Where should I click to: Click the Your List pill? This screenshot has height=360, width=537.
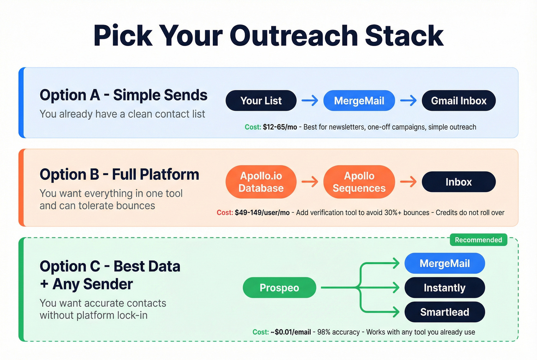(261, 101)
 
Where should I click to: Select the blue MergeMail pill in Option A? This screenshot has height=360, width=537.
(359, 101)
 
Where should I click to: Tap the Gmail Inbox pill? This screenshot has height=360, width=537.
(459, 101)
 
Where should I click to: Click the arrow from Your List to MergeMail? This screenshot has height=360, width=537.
(310, 101)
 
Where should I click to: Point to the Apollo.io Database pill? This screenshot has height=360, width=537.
(261, 182)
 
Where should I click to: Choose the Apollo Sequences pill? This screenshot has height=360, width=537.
(359, 182)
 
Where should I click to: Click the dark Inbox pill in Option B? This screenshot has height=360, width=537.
(459, 182)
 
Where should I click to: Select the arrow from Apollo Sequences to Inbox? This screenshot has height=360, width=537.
(409, 182)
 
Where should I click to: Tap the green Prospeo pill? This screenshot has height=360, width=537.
(279, 288)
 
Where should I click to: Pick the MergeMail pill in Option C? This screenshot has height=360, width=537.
(445, 263)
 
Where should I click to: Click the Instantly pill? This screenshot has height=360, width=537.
(445, 288)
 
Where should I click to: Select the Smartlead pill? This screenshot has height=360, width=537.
(445, 312)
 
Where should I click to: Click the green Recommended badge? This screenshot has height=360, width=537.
(478, 240)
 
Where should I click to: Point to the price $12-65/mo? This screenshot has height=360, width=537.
(280, 127)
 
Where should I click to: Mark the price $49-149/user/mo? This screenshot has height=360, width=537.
(262, 213)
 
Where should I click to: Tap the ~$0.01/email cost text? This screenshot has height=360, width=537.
(291, 332)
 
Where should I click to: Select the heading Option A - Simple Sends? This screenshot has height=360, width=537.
(124, 95)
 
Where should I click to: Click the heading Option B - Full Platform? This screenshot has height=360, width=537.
(119, 174)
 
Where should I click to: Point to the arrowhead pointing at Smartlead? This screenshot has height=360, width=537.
(396, 312)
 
